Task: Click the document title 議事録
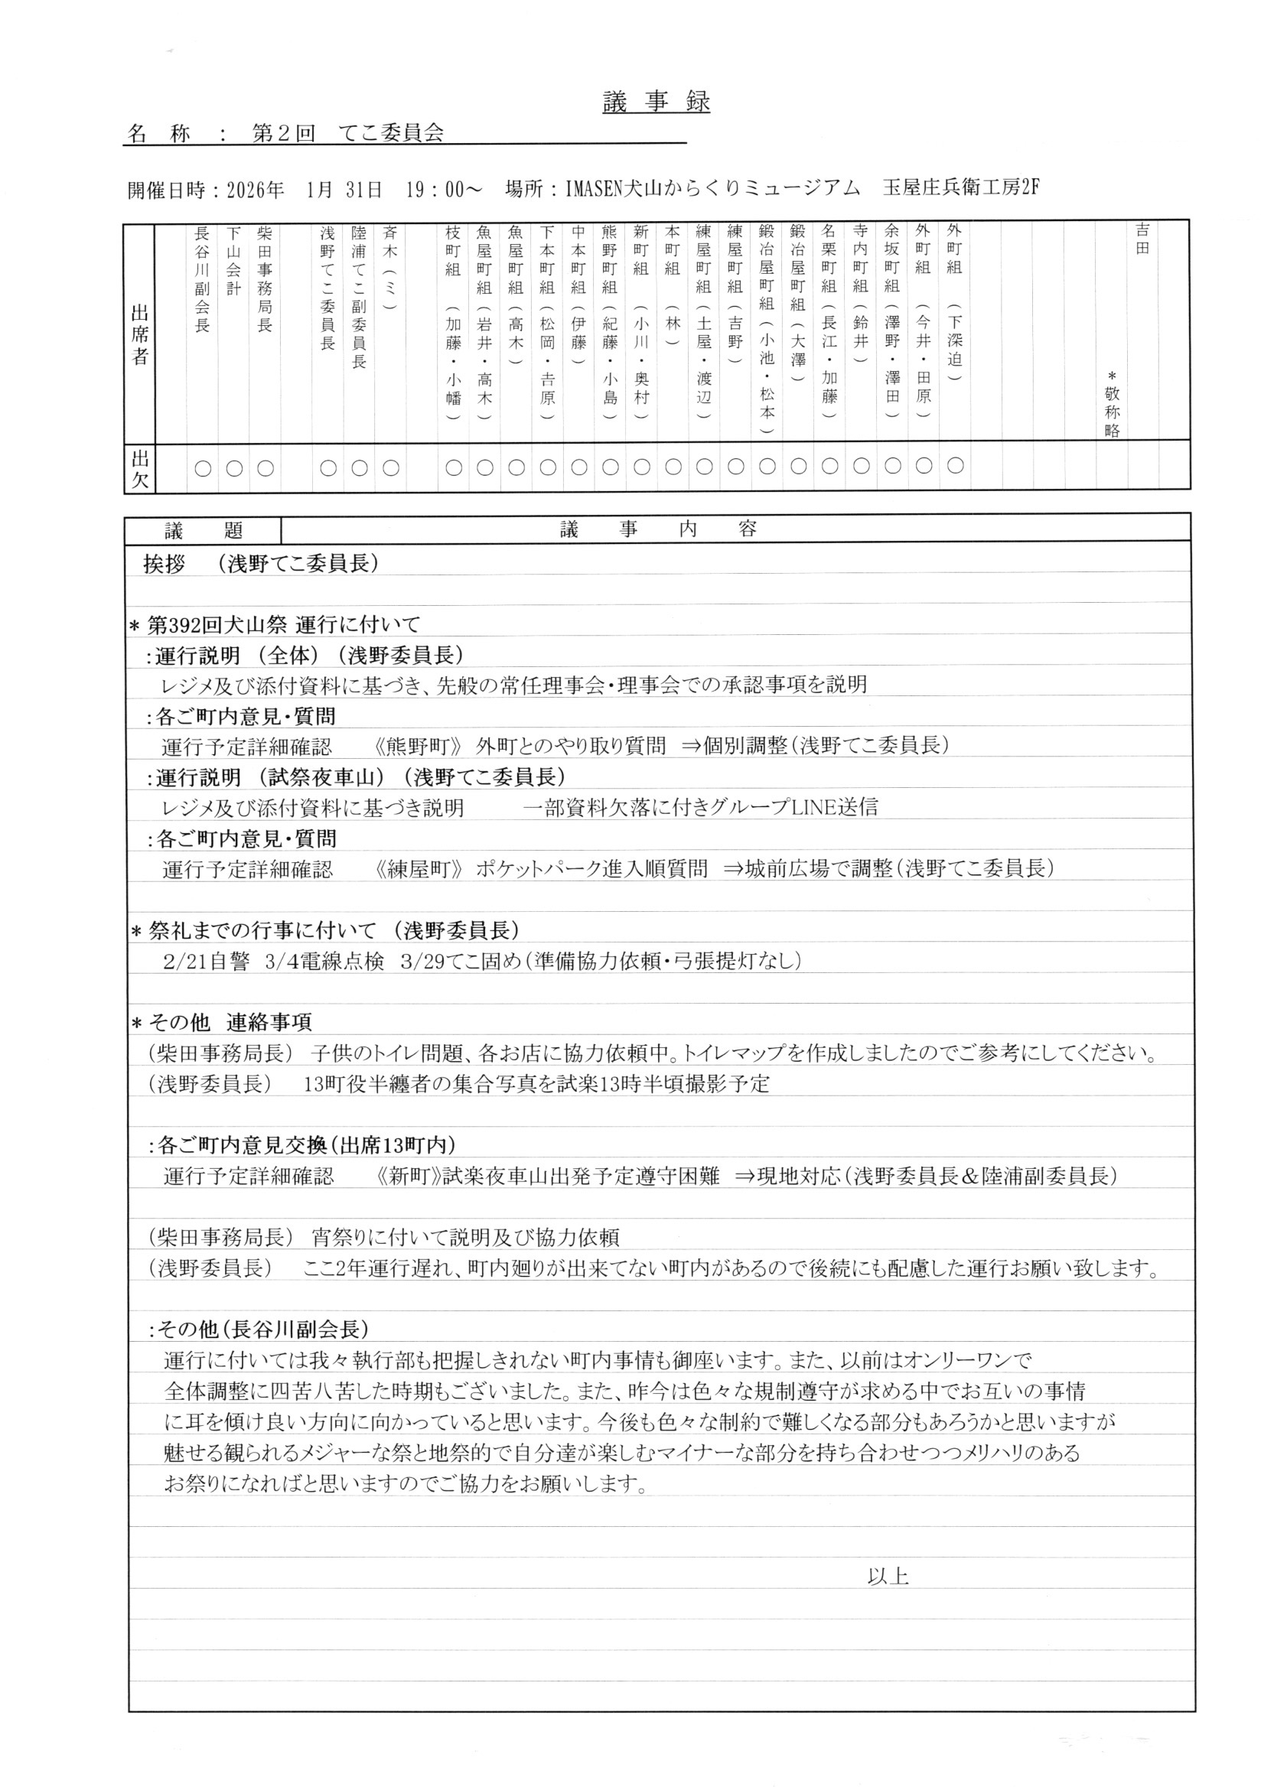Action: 657,103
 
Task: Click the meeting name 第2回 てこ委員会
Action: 348,134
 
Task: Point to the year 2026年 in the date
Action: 256,189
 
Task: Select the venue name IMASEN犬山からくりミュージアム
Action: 712,189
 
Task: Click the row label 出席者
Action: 139,334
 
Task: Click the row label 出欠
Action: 139,467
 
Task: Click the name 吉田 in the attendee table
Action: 1142,239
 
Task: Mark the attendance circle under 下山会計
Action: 234,467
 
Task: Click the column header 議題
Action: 204,531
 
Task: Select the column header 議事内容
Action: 658,531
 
